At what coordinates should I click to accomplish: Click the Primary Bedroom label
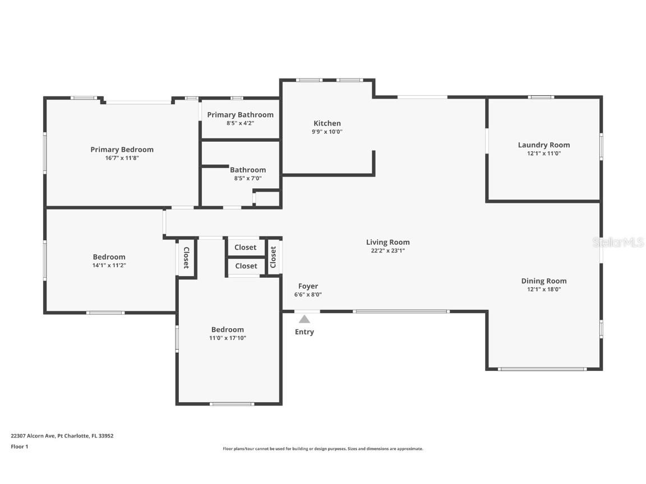(122, 150)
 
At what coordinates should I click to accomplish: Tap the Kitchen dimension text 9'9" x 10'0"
(327, 132)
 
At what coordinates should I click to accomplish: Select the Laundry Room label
(543, 145)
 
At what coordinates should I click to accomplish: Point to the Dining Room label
(543, 281)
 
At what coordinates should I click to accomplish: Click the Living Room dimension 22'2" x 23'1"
(387, 251)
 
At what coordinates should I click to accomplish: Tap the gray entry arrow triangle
(304, 319)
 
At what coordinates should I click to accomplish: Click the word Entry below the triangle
(304, 332)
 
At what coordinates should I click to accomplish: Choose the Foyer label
(308, 286)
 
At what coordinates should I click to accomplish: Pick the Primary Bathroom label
(240, 115)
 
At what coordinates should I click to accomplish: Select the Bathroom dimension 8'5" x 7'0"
(247, 179)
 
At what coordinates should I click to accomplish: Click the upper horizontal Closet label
(246, 247)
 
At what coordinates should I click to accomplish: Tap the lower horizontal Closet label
(246, 266)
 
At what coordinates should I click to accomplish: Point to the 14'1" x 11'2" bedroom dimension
(109, 266)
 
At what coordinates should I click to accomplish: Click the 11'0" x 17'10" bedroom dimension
(227, 338)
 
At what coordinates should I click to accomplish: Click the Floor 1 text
(19, 446)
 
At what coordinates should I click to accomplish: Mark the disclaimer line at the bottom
(322, 449)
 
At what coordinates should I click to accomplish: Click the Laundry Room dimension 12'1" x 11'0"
(543, 153)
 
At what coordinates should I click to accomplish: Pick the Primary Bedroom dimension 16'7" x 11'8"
(122, 158)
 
